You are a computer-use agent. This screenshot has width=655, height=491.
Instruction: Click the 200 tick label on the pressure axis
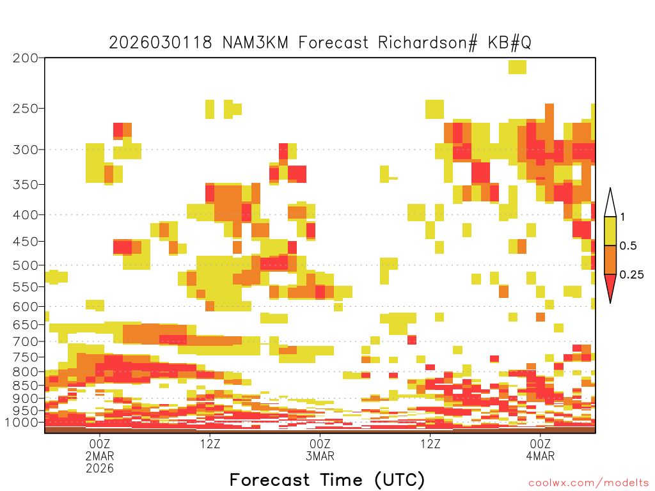tap(26, 58)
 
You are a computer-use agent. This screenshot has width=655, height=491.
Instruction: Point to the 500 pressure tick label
tap(26, 265)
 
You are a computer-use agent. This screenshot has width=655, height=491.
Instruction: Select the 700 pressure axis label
tap(26, 341)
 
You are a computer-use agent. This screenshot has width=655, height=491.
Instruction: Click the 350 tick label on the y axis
tap(26, 185)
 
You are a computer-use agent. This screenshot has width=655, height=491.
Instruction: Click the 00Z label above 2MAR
tap(99, 444)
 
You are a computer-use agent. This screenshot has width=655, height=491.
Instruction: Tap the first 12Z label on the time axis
tap(210, 444)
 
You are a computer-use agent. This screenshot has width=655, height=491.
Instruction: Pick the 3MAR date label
tap(320, 456)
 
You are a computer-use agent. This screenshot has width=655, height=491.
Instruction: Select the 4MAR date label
tap(541, 456)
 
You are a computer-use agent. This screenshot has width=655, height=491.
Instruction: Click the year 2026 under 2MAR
tap(100, 468)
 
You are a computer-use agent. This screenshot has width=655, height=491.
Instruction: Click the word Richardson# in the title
tap(428, 43)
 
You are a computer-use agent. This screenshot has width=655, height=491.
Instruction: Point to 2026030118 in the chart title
tap(161, 43)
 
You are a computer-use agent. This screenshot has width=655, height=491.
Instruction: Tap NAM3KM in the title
tap(255, 43)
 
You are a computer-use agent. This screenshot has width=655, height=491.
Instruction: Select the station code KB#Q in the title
tap(510, 43)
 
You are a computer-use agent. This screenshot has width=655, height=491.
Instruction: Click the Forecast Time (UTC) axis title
tap(327, 480)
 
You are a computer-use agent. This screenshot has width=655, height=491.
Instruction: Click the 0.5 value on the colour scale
tap(628, 246)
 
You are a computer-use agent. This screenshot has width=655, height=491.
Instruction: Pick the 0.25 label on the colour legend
tap(631, 275)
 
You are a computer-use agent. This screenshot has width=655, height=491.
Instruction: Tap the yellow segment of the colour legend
tap(610, 231)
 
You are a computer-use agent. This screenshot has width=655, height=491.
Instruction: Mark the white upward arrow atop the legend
tap(610, 205)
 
